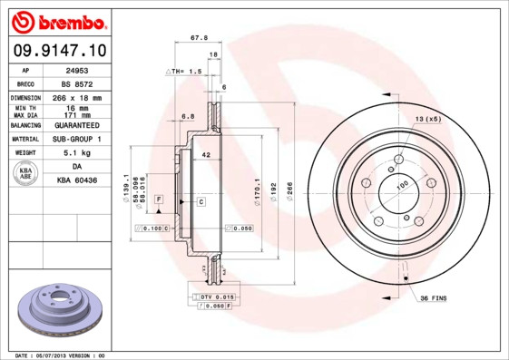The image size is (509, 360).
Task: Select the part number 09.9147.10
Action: click(59, 51)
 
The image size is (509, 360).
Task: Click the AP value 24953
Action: click(77, 69)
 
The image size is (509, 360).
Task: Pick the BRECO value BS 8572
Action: click(77, 83)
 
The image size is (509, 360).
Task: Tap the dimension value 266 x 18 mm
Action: click(77, 97)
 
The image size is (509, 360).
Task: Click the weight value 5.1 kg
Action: click(77, 153)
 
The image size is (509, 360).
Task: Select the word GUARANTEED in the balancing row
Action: click(77, 125)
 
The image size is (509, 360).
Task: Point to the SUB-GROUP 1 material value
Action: click(77, 140)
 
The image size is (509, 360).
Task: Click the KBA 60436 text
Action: click(77, 181)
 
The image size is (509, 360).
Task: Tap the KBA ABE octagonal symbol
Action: click(27, 174)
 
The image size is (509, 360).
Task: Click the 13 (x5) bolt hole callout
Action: click(428, 120)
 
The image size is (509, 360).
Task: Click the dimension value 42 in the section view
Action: click(206, 156)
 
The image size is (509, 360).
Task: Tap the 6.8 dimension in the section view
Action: click(187, 116)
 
